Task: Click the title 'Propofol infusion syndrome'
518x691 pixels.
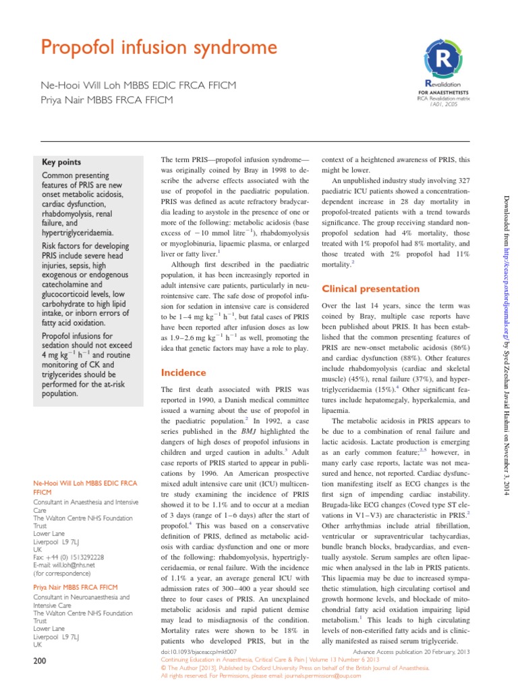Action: [159, 48]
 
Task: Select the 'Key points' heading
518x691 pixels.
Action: [61, 162]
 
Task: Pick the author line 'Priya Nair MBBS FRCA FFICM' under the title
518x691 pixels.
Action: [107, 100]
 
